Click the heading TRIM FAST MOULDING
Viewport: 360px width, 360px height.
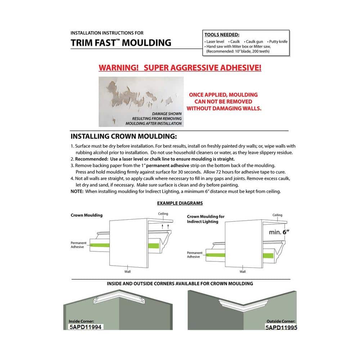pyautogui.click(x=121, y=43)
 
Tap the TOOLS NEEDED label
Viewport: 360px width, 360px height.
pyautogui.click(x=222, y=35)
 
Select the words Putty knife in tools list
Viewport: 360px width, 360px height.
pyautogui.click(x=278, y=42)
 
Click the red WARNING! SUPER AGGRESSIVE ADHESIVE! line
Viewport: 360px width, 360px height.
pyautogui.click(x=180, y=68)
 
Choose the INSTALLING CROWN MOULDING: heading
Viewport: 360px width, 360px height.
pyautogui.click(x=123, y=137)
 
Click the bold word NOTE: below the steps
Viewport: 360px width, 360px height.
pyautogui.click(x=77, y=192)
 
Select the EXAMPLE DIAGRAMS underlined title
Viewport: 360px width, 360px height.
pyautogui.click(x=180, y=203)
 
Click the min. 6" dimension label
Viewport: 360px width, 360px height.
pyautogui.click(x=279, y=232)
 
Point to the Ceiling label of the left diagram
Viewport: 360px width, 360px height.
pyautogui.click(x=163, y=214)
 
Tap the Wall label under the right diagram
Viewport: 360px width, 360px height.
pyautogui.click(x=243, y=272)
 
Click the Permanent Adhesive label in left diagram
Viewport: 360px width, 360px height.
pyautogui.click(x=78, y=245)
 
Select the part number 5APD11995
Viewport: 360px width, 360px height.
pyautogui.click(x=281, y=328)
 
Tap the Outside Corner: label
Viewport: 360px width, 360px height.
pyautogui.click(x=281, y=321)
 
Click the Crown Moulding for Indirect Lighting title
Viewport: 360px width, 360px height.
pyautogui.click(x=206, y=219)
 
